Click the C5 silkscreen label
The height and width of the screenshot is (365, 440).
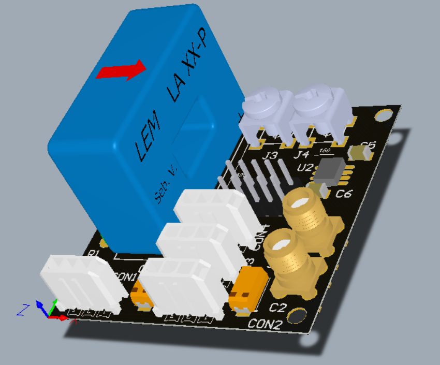(x=368, y=145)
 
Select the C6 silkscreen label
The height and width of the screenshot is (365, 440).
(x=344, y=194)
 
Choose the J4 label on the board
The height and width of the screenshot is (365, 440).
(x=302, y=154)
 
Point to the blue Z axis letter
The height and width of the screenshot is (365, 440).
(x=22, y=310)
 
